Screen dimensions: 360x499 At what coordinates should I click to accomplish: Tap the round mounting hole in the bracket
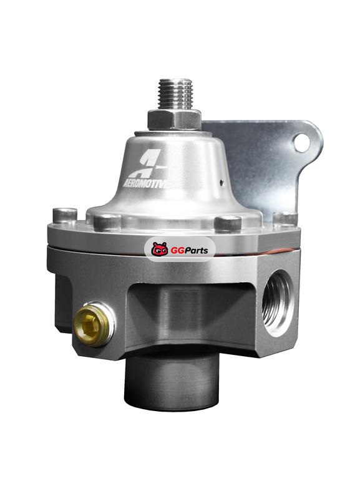click(301, 143)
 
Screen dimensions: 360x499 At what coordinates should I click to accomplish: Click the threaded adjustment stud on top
click(176, 94)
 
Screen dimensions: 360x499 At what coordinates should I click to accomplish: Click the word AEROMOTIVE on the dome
click(145, 184)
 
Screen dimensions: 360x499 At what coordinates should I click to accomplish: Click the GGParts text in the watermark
click(189, 251)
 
